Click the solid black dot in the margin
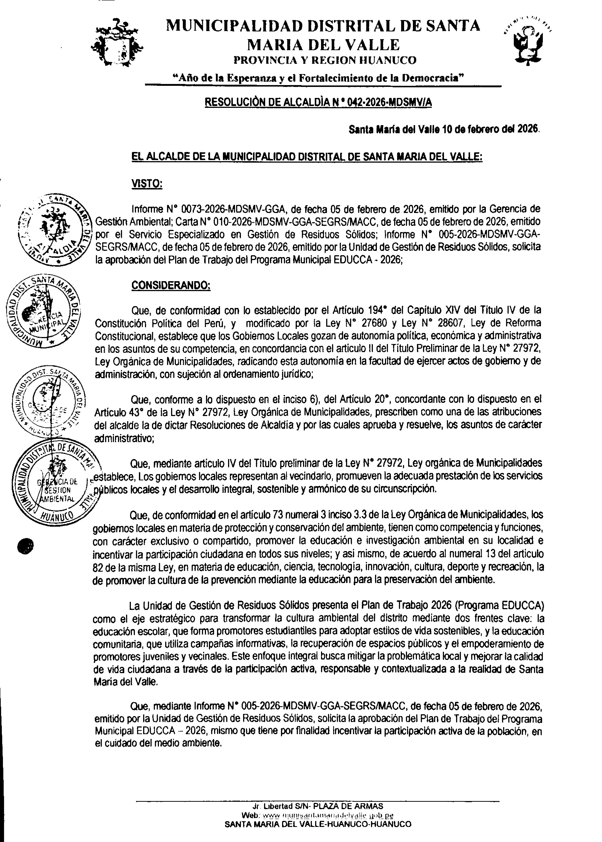click(26, 545)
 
